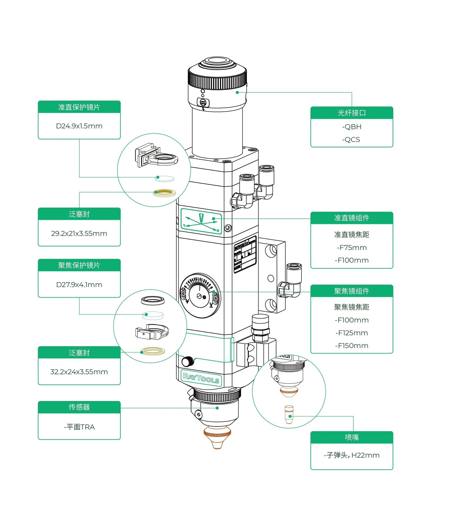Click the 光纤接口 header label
[352, 113]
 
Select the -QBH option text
[352, 127]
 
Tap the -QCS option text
[351, 140]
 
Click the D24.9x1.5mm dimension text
[79, 126]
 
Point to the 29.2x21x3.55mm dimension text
[79, 233]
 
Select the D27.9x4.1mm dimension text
[79, 285]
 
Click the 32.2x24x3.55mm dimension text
[79, 372]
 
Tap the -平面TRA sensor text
[79, 427]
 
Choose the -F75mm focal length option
[352, 248]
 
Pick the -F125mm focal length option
[352, 333]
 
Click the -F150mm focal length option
[352, 346]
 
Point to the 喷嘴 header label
[352, 437]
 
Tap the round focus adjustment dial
[200, 295]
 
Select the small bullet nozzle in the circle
[289, 415]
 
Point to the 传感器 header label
[79, 407]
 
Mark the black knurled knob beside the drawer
[187, 361]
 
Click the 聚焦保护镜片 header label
[79, 265]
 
